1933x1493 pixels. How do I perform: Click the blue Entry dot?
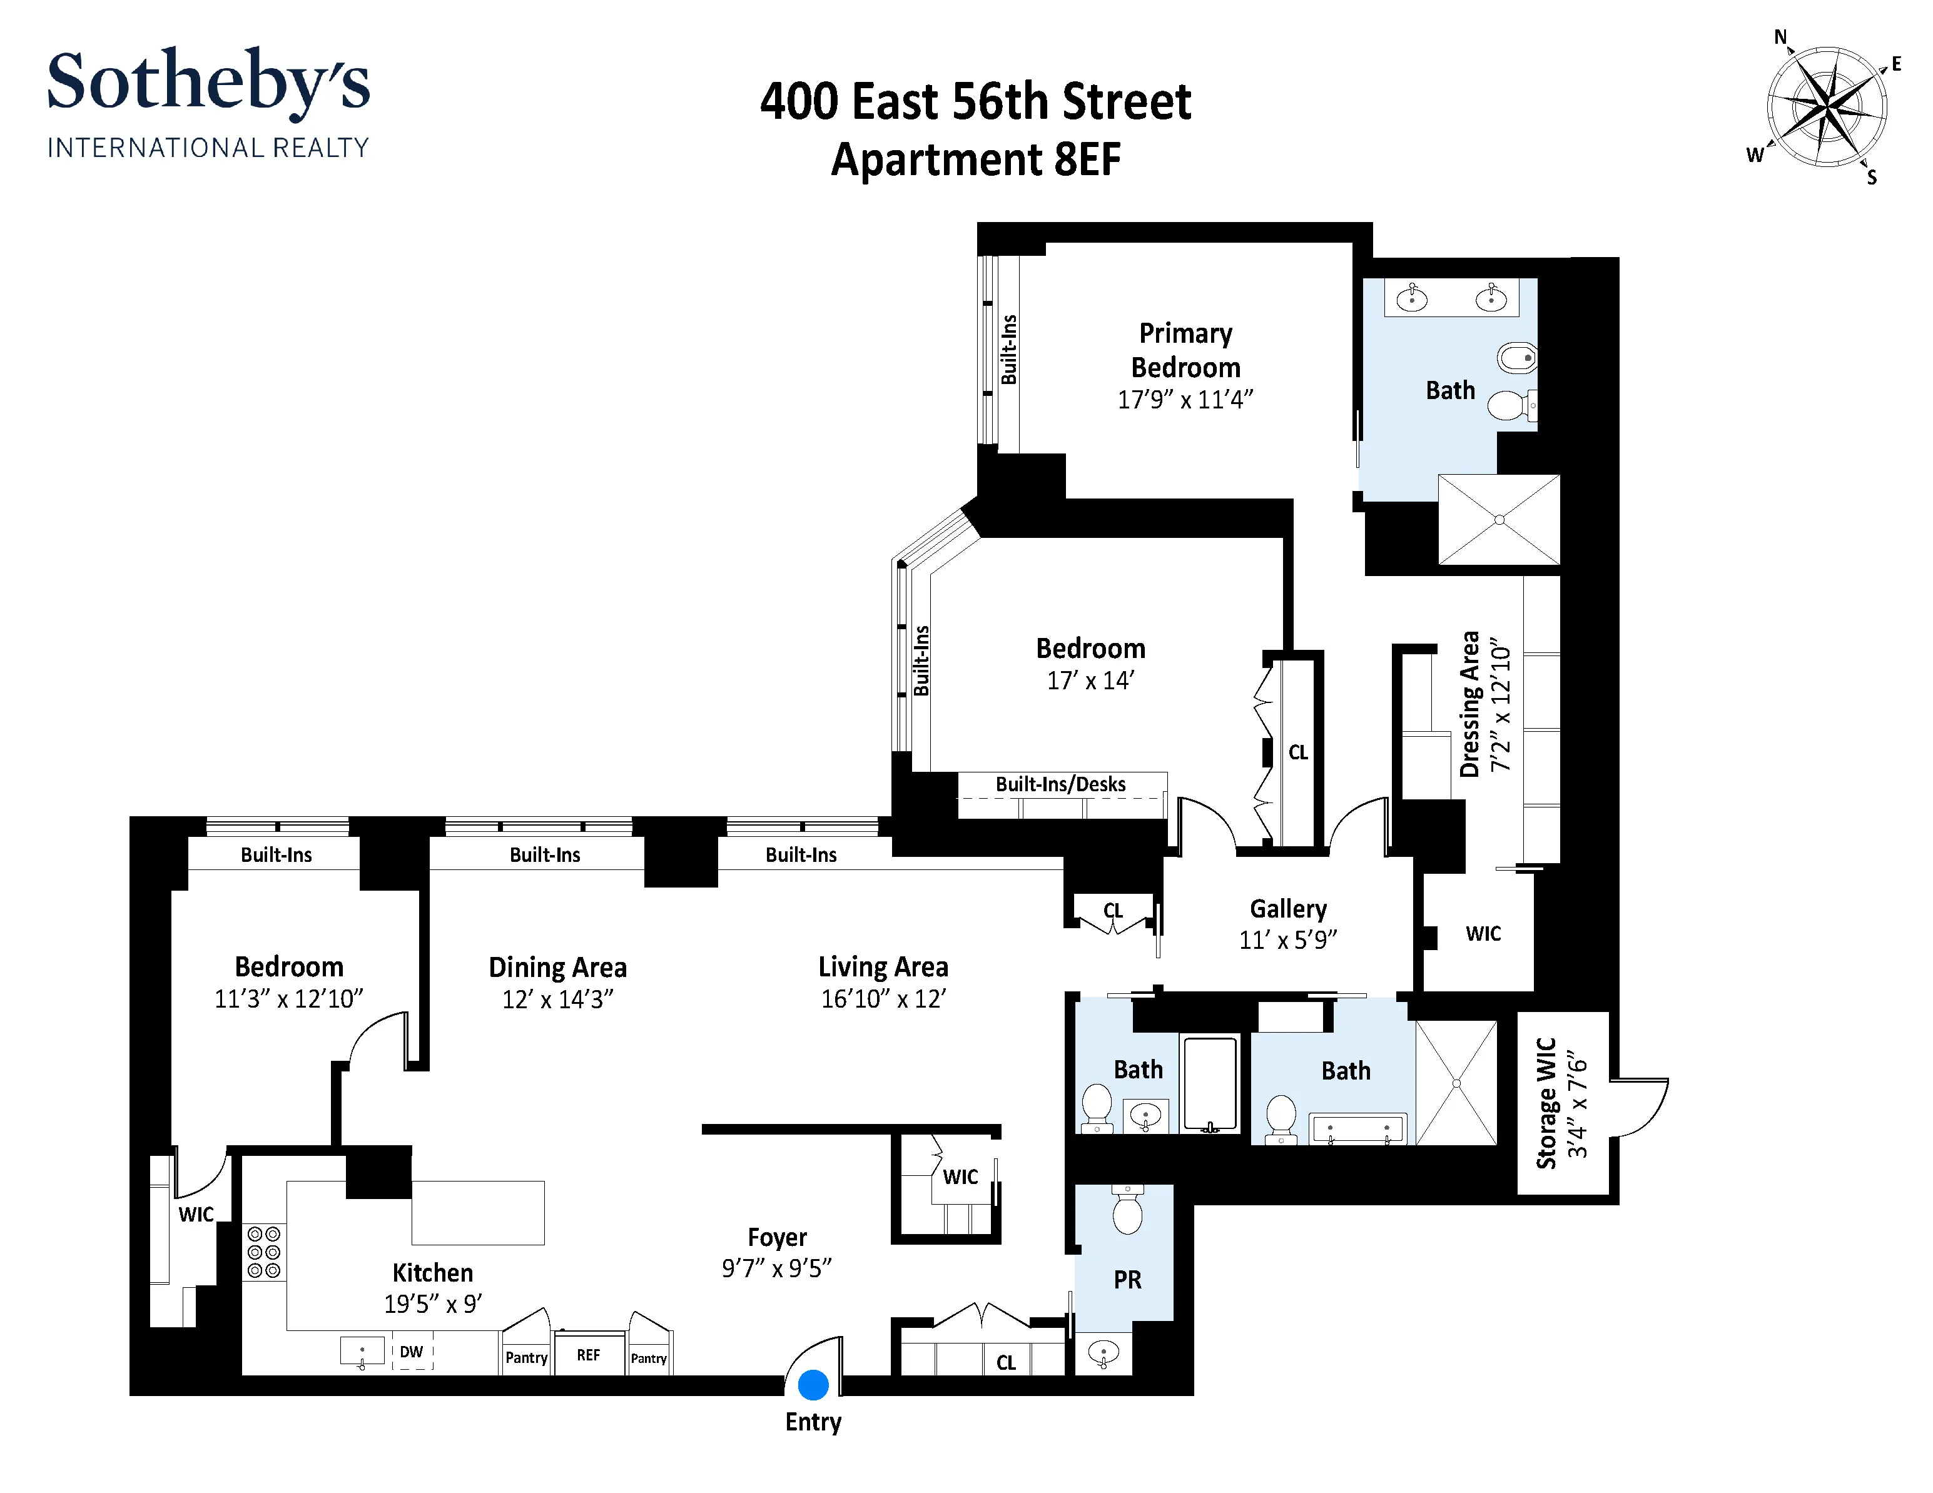[813, 1384]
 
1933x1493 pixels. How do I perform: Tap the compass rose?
[1826, 107]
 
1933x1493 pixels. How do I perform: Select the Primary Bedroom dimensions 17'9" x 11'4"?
[1185, 400]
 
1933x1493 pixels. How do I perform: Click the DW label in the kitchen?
[412, 1352]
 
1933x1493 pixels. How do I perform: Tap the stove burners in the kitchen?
[264, 1252]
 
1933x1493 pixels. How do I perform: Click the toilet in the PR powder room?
[1127, 1212]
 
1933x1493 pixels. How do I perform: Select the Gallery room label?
[1288, 909]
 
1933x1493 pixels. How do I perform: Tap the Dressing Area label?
[1470, 704]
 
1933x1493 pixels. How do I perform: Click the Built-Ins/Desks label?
[1060, 784]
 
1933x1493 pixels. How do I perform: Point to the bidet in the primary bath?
[1516, 358]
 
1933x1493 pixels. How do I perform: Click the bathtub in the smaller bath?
[1210, 1084]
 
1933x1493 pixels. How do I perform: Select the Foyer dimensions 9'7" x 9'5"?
[776, 1268]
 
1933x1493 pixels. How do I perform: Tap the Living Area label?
[883, 966]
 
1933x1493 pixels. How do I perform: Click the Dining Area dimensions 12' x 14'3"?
[557, 999]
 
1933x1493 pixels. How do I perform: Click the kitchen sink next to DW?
[362, 1352]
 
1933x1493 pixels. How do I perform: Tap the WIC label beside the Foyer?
[960, 1176]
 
